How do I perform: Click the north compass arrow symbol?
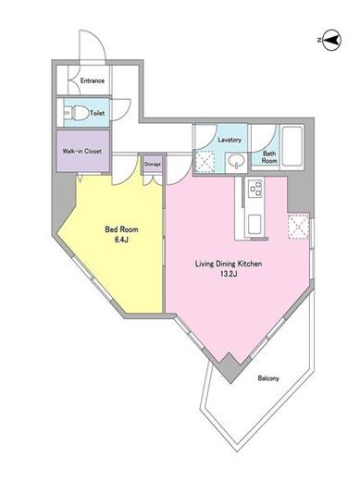[330, 40]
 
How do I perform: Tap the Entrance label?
[93, 80]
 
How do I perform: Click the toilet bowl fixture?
[76, 113]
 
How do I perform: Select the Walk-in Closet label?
[82, 152]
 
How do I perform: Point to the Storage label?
[153, 165]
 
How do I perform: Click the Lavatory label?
[230, 140]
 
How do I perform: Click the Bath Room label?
[269, 157]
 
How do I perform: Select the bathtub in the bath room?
[292, 147]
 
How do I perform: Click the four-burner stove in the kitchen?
[254, 189]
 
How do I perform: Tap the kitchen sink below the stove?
[254, 225]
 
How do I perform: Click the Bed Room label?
[121, 229]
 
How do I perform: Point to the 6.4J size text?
[121, 240]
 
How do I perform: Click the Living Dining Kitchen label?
[229, 264]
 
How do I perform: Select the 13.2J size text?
[229, 275]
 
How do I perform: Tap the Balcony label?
[268, 378]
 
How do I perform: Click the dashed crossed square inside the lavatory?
[205, 161]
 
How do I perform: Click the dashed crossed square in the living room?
[298, 227]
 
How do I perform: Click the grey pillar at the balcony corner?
[230, 368]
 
